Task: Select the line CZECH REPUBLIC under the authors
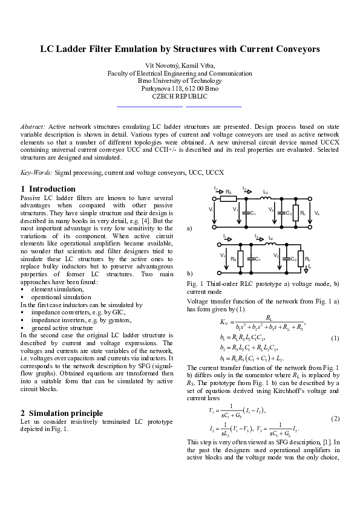(180, 96)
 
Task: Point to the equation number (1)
(335, 355)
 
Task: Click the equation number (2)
(335, 418)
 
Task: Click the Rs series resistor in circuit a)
(228, 198)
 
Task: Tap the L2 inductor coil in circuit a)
(266, 198)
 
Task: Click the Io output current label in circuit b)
(310, 267)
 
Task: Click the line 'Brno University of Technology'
(180, 80)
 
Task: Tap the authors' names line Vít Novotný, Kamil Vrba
(180, 65)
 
